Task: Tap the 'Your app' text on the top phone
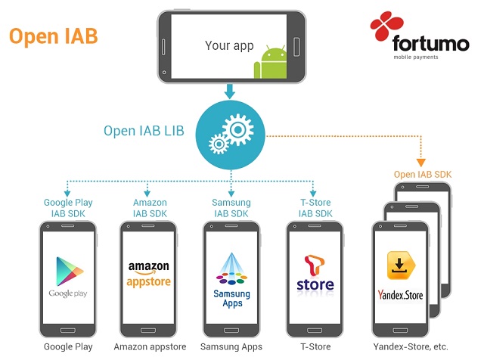pos(229,45)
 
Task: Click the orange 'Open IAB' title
pos(53,36)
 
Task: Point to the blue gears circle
pos(230,135)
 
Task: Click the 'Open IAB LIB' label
pos(144,130)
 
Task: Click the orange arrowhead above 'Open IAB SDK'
pos(420,161)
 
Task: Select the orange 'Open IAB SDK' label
pos(423,175)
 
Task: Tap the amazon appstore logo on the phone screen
pos(149,275)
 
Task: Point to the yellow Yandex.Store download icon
pos(399,266)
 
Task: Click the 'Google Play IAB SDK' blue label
pos(68,208)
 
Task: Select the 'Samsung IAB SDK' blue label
pos(231,208)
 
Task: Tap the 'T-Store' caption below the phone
pos(315,346)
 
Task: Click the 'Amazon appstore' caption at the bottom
pos(150,346)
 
